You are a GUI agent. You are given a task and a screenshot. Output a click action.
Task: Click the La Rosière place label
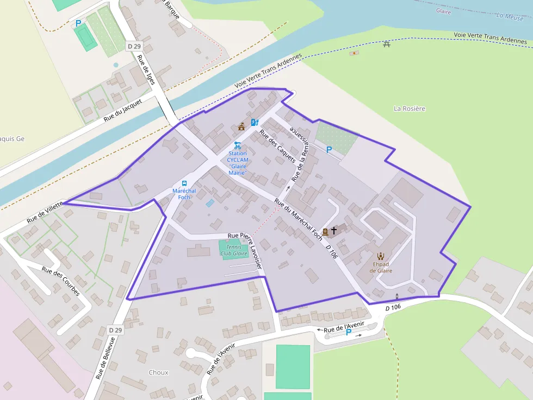[x=409, y=109]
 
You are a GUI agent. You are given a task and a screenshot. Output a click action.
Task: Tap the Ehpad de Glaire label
[x=381, y=267]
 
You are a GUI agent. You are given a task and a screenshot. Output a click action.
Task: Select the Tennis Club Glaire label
[x=234, y=250]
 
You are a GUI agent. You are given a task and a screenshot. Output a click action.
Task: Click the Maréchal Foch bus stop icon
[x=184, y=183]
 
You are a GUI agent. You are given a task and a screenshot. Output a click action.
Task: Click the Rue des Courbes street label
[x=60, y=282]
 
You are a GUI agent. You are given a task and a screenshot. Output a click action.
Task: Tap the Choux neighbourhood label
[x=158, y=373]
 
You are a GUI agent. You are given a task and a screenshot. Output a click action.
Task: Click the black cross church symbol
[x=334, y=231]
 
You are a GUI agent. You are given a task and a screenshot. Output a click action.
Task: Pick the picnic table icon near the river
[x=387, y=44]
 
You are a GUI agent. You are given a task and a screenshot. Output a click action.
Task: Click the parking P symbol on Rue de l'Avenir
[x=349, y=332]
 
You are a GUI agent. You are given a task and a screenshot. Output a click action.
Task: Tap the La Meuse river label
[x=509, y=16]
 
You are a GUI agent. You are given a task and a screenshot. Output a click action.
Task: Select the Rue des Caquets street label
[x=277, y=146]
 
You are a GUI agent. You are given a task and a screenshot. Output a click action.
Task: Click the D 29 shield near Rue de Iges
[x=134, y=46]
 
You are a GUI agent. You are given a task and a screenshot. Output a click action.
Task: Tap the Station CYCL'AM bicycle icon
[x=237, y=145]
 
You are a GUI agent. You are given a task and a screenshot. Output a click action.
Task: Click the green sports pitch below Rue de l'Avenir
[x=293, y=366]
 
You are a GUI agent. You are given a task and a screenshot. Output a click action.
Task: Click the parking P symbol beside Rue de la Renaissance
[x=329, y=149]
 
